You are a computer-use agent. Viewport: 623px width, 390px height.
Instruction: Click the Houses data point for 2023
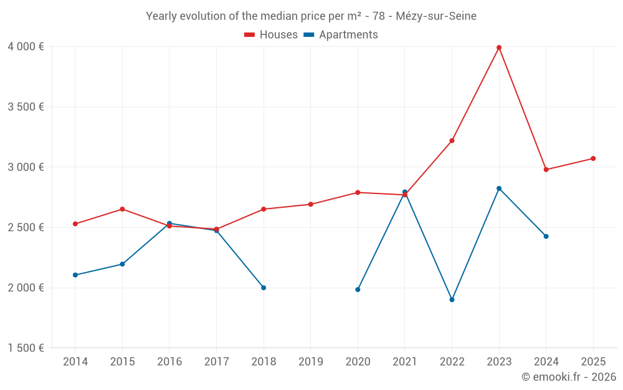[x=499, y=47]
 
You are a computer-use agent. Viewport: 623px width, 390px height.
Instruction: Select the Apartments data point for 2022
[x=452, y=300]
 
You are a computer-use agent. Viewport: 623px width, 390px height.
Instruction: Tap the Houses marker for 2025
[x=593, y=158]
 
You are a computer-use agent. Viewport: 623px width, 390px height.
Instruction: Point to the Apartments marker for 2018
[x=264, y=288]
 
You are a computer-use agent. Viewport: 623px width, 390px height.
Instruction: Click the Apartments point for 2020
[x=358, y=290]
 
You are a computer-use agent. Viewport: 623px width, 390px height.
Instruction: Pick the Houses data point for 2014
[x=75, y=223]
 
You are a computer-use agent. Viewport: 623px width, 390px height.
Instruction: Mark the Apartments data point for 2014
[x=75, y=275]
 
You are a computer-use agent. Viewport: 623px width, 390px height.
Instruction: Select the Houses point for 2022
[x=452, y=140]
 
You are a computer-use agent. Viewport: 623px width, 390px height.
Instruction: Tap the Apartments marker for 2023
[x=499, y=188]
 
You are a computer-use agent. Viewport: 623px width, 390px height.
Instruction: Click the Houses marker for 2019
[x=311, y=204]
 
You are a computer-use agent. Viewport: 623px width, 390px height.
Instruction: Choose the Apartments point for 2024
[x=546, y=236]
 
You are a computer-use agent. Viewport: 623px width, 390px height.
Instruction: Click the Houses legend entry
[x=271, y=35]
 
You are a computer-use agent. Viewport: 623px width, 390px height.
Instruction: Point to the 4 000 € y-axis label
[x=26, y=47]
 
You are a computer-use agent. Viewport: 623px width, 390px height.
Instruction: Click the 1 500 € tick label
[x=26, y=348]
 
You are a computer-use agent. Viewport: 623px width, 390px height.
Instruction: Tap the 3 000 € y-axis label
[x=26, y=167]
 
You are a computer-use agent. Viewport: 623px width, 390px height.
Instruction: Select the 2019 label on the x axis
[x=311, y=361]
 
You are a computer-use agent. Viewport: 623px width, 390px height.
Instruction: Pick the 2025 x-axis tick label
[x=593, y=361]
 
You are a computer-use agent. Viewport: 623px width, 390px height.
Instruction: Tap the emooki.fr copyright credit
[x=569, y=377]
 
